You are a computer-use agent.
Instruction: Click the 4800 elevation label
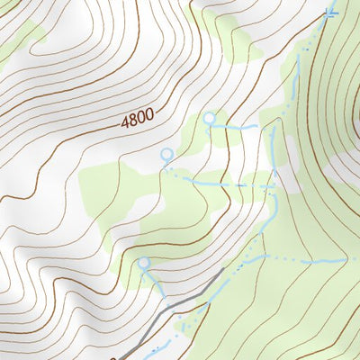point(134,115)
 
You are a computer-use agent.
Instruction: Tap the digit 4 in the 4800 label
point(120,120)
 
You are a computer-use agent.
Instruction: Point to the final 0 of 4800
point(148,111)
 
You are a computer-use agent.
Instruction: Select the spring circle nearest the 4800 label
point(166,155)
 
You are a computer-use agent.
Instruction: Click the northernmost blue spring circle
point(210,118)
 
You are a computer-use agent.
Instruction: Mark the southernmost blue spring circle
point(143,263)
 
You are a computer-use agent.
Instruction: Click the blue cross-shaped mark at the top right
point(330,11)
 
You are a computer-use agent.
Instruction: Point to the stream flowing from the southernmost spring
point(153,279)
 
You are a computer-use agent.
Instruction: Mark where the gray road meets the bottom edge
point(115,357)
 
